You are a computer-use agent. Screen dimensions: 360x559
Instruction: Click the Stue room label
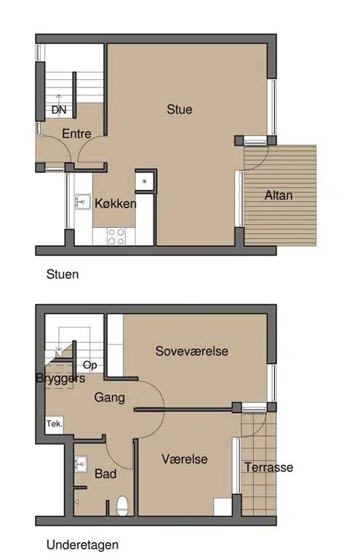point(180,109)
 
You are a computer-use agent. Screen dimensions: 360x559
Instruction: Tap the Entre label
point(76,134)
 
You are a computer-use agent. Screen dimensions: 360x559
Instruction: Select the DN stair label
point(59,110)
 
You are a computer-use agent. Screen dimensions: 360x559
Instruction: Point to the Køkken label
point(116,204)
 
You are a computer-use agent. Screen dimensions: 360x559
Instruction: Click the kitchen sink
point(83,202)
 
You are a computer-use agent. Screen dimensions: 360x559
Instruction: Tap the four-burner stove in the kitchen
point(116,237)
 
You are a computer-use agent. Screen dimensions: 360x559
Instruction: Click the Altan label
point(279,195)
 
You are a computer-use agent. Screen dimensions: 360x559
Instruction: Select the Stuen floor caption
point(63,274)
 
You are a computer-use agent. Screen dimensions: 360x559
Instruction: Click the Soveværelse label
point(191,351)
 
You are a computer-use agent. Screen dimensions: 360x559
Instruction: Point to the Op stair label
point(89,365)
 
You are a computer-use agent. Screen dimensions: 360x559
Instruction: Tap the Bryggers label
point(60,378)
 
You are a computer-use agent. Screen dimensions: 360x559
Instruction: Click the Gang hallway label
point(109,397)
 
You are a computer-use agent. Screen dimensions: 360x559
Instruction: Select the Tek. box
point(54,424)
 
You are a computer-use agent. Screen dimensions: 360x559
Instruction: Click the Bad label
point(105,474)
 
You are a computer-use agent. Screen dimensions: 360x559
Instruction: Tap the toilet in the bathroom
point(122,506)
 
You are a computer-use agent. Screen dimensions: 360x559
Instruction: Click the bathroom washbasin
point(81,464)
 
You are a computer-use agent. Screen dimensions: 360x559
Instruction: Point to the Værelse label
point(185,459)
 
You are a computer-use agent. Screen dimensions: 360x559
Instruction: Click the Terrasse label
point(269,467)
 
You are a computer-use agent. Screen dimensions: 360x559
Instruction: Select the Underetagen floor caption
point(82,544)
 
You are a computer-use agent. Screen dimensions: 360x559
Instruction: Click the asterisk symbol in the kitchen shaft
point(145,182)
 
